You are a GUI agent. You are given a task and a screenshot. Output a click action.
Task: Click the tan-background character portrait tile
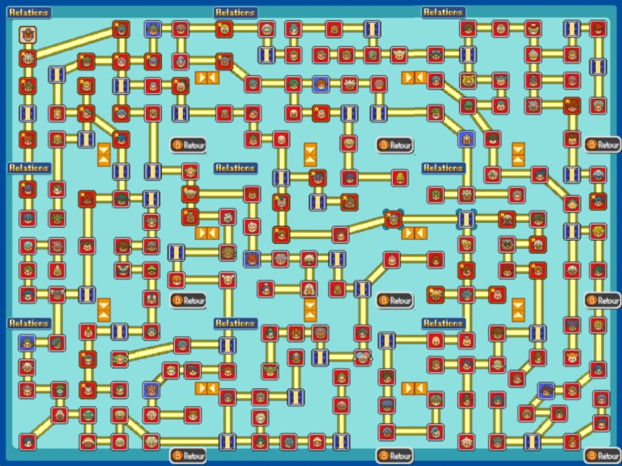28,35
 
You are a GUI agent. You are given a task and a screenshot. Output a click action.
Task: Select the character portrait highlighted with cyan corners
394,219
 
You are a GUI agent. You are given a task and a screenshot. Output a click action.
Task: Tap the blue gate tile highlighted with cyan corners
466,219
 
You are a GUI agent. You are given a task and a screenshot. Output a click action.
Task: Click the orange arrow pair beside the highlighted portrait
414,233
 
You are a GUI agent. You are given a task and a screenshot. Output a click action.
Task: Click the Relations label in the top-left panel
28,13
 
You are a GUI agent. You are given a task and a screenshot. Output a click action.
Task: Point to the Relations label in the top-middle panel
236,13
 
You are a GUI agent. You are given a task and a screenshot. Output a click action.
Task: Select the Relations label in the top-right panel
443,12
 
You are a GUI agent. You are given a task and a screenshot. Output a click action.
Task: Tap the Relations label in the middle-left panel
28,168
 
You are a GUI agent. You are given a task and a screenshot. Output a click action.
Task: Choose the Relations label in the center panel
236,168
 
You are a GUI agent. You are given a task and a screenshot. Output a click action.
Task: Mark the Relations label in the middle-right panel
443,168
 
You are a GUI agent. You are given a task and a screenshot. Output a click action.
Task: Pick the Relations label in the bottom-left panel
28,323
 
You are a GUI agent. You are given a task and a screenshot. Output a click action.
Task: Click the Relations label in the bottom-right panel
443,323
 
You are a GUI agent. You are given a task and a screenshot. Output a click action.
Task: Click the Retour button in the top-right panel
603,145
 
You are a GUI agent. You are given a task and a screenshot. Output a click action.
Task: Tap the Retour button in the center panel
395,301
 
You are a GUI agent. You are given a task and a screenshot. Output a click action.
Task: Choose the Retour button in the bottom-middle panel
395,455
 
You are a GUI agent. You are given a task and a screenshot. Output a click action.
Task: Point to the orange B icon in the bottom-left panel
177,455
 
